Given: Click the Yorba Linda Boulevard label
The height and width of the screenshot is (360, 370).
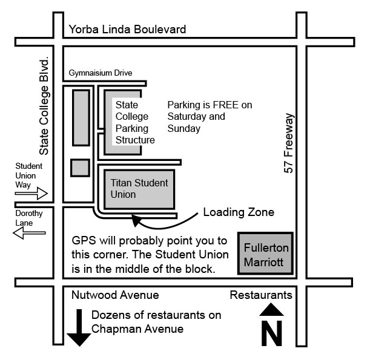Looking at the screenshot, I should [x=127, y=29].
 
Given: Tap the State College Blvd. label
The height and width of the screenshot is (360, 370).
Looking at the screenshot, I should [x=44, y=107].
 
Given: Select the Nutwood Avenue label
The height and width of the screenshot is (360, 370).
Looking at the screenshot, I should [x=115, y=295].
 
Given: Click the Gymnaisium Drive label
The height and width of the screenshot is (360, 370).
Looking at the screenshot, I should [x=108, y=73].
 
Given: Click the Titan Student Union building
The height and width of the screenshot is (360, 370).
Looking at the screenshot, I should [x=139, y=188].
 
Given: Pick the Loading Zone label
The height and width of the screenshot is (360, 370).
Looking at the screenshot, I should [x=239, y=212].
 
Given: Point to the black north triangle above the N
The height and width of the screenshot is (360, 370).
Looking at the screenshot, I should [x=272, y=310].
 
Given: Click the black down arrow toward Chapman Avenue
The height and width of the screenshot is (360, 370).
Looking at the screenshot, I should [x=79, y=329].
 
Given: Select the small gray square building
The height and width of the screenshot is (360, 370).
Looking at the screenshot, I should [x=80, y=167].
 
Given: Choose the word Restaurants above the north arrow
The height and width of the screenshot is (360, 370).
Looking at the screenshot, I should [x=261, y=295].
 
